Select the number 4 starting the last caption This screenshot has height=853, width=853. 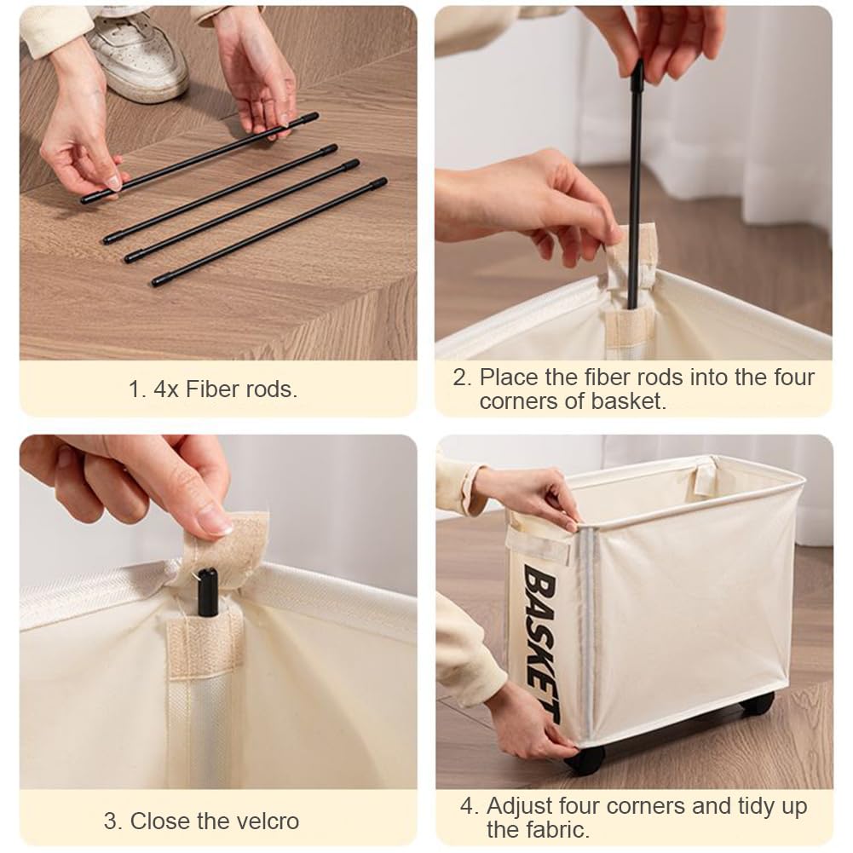pyautogui.click(x=467, y=806)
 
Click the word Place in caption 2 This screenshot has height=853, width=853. pyautogui.click(x=510, y=378)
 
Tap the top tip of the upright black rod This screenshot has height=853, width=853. pyautogui.click(x=640, y=62)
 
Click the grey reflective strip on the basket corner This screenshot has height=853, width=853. pyautogui.click(x=586, y=631)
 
